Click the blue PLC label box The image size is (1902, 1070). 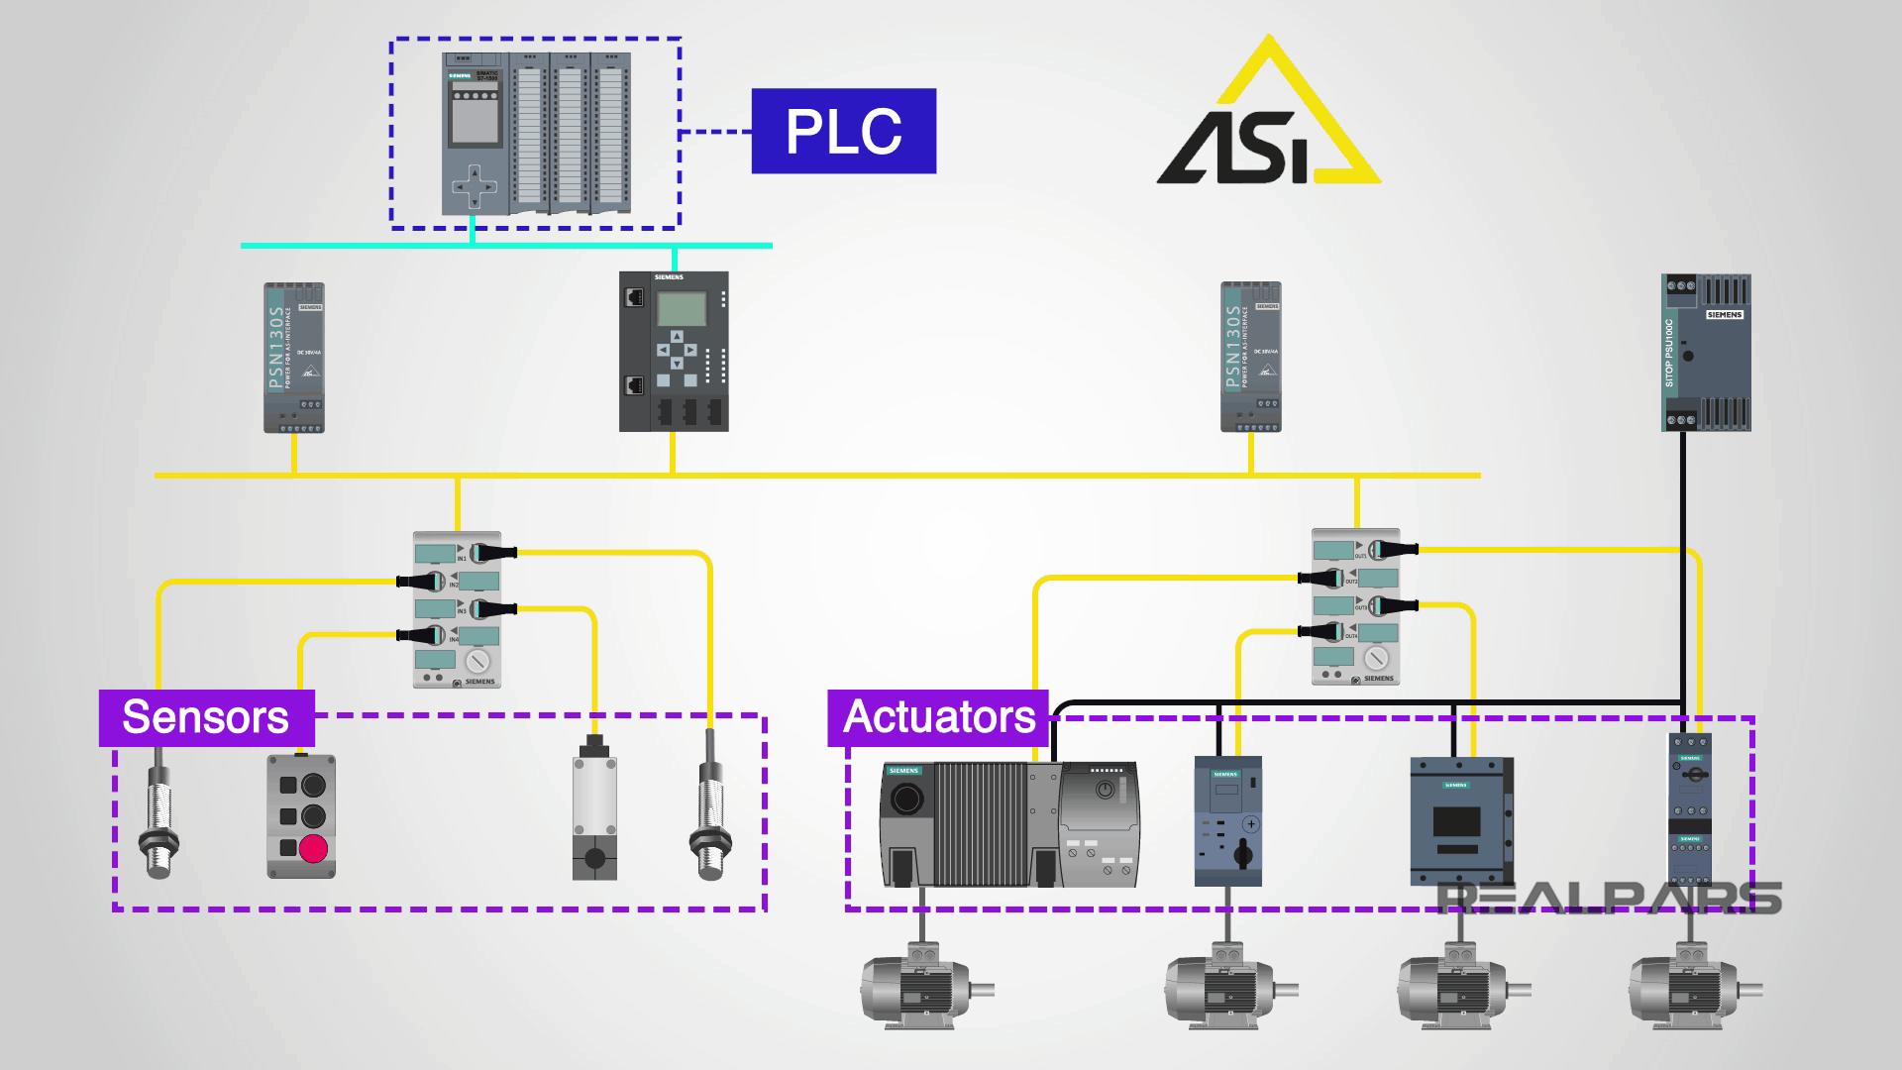coord(843,131)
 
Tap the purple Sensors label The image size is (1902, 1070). coord(206,717)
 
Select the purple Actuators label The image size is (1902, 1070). coord(937,717)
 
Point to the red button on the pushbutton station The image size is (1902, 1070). coord(313,849)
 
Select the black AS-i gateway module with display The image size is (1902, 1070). coord(674,351)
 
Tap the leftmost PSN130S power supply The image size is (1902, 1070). coord(293,358)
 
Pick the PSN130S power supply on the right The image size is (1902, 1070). coord(1250,358)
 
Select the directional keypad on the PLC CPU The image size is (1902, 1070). coord(474,186)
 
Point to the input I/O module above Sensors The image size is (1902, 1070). coord(457,609)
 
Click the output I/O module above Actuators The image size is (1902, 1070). coord(1356,606)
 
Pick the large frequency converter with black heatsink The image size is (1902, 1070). coord(1008,823)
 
